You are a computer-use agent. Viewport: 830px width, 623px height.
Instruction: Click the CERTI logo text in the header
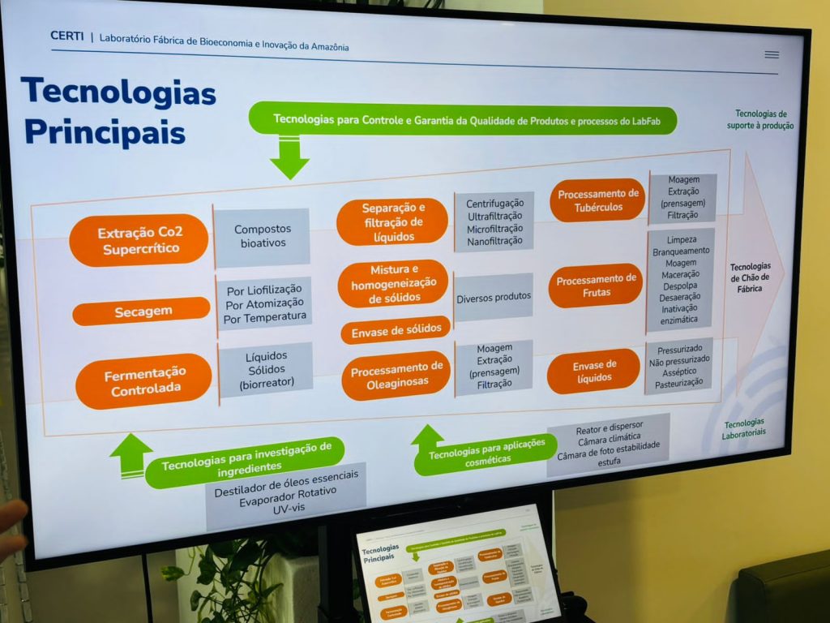66,36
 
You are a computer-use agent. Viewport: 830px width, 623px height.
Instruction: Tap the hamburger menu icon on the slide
771,55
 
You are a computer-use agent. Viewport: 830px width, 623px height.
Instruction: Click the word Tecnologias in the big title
118,93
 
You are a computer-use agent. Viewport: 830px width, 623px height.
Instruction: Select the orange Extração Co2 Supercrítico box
139,241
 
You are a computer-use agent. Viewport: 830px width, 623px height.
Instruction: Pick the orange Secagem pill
141,311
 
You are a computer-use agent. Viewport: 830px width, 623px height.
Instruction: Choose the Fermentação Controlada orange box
143,381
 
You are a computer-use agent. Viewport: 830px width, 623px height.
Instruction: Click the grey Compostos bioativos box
262,236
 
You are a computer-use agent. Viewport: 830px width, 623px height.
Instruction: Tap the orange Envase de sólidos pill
396,329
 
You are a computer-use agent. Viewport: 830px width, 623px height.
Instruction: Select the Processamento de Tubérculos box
597,200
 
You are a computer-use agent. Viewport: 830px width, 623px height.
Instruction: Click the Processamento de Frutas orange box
595,286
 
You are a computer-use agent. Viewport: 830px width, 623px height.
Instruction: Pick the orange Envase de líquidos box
593,371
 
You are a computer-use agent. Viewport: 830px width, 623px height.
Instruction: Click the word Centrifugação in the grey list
494,204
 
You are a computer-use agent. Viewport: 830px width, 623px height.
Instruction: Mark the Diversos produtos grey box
493,298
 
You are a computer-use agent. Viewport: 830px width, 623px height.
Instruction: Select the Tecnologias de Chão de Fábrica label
749,277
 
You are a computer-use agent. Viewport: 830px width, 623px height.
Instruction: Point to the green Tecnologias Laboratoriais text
744,429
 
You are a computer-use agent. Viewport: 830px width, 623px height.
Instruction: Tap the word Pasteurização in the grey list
679,382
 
